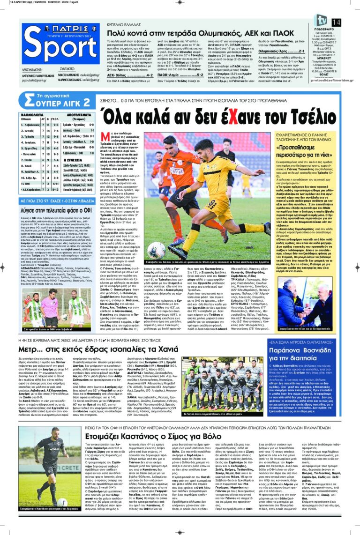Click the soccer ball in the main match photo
pos(157,250)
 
